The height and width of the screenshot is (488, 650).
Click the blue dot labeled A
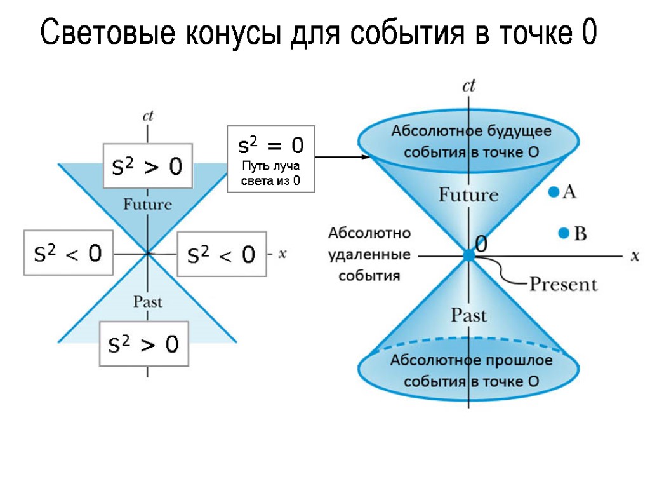coord(554,191)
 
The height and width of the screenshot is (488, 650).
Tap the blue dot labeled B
coord(563,234)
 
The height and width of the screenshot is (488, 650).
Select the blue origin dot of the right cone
coord(468,255)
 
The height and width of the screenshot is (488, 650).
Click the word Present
coord(563,284)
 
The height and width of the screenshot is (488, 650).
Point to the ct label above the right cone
coord(468,86)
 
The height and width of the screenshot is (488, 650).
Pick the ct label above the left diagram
coord(147,116)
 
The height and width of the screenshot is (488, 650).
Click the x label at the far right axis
coord(634,255)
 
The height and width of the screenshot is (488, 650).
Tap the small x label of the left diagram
coord(283,254)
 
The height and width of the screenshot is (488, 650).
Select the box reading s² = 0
coord(271,159)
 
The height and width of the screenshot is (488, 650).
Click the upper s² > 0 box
coord(147,166)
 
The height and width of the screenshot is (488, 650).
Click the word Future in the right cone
coord(468,194)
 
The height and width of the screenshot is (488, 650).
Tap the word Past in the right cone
coord(468,315)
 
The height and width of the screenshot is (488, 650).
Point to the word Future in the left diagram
coord(147,205)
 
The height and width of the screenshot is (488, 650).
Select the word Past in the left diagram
coord(147,302)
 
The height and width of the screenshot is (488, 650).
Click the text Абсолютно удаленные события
coord(369,254)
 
